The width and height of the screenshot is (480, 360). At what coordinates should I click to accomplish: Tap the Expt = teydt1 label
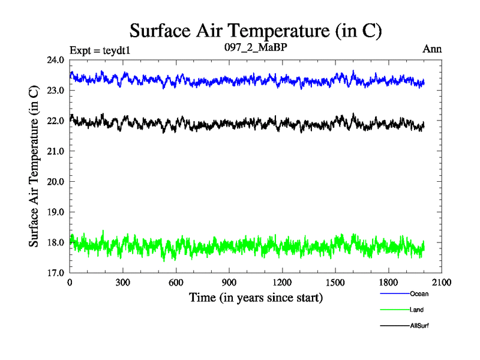(x=100, y=50)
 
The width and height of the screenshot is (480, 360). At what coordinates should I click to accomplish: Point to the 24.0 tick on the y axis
(x=56, y=60)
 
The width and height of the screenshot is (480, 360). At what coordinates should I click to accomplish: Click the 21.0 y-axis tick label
(x=56, y=151)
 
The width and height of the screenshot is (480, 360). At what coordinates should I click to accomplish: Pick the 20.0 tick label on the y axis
(x=56, y=182)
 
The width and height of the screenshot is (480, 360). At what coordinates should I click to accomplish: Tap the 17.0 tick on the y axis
(x=56, y=273)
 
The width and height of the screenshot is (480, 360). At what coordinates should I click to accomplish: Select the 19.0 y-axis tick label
(x=56, y=212)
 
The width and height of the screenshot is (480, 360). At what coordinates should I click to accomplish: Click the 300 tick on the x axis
(x=123, y=283)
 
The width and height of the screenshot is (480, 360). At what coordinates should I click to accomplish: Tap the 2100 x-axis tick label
(x=442, y=283)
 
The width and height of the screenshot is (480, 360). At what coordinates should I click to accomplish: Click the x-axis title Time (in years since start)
(x=256, y=297)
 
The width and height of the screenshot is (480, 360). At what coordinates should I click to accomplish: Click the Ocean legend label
(x=419, y=294)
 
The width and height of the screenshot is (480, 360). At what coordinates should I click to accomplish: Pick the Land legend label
(x=417, y=310)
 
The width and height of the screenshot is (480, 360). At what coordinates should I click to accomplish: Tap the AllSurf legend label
(x=419, y=326)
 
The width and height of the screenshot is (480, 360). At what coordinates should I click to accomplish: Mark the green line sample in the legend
(x=394, y=310)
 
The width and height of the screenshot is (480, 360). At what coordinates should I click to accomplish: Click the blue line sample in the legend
(x=394, y=294)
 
